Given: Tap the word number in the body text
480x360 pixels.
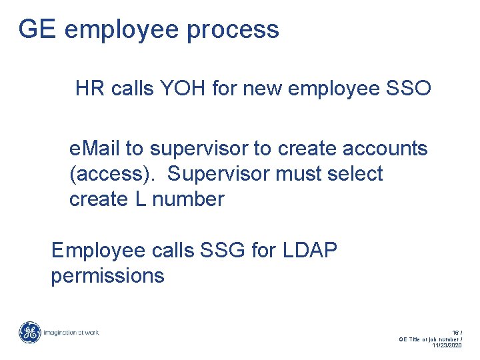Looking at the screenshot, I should tap(189, 199).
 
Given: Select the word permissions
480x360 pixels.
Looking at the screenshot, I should tap(107, 275).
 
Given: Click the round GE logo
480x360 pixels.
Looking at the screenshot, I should tap(29, 332).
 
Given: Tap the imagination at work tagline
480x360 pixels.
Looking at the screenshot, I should tap(71, 332).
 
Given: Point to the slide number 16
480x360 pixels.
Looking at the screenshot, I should tap(455, 331).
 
